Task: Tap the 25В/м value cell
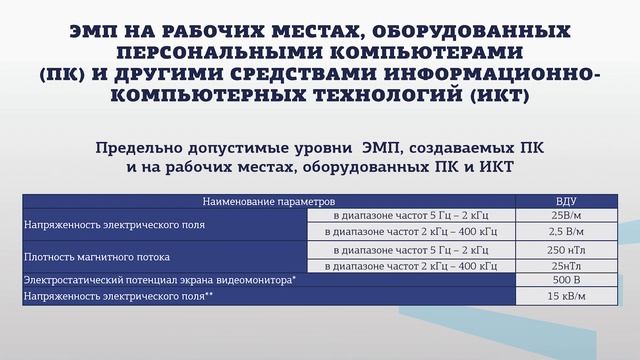point(567,215)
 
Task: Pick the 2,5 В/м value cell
point(567,231)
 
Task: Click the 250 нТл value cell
point(567,248)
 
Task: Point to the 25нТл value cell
point(567,265)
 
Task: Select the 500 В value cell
point(567,281)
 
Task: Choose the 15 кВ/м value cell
point(567,297)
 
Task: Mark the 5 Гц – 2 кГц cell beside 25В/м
point(411,215)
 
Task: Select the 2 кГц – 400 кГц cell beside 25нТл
point(411,265)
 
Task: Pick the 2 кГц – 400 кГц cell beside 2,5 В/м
point(411,231)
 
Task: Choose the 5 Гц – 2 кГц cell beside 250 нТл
point(411,248)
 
